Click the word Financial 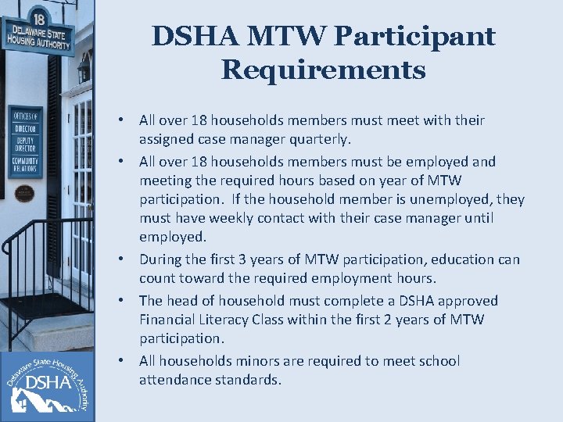tap(167, 320)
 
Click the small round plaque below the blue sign tap(25, 192)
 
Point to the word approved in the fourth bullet tap(469, 301)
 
